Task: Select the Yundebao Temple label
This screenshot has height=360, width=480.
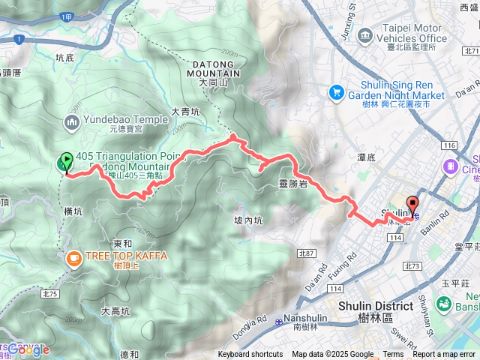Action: click(126, 118)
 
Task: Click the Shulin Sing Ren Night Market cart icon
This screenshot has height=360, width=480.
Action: click(336, 91)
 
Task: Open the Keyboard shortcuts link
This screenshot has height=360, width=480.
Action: click(250, 355)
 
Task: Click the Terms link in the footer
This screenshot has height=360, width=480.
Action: click(393, 355)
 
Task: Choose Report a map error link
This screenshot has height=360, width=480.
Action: click(445, 355)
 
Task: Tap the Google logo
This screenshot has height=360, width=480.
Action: click(28, 349)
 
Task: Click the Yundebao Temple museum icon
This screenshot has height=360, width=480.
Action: click(73, 121)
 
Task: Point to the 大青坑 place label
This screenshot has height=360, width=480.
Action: click(186, 111)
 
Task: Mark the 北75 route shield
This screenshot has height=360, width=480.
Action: click(50, 273)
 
